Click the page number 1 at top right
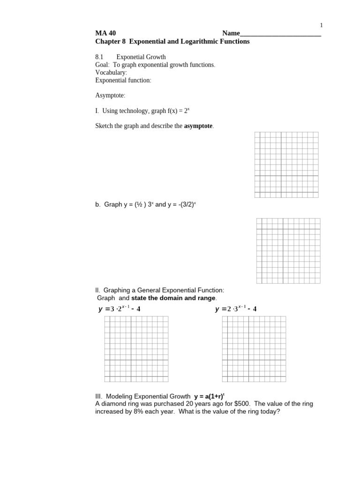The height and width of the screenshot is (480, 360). (322, 25)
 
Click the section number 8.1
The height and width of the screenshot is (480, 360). (99, 57)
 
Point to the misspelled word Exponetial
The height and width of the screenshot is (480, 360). (131, 57)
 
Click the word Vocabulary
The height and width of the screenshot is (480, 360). (111, 73)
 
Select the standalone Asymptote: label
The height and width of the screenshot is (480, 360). (110, 96)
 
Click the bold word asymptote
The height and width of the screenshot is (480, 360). (198, 127)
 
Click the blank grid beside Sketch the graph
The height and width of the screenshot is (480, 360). (286, 165)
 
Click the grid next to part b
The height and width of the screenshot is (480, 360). (289, 251)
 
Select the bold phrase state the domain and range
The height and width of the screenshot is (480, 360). (173, 298)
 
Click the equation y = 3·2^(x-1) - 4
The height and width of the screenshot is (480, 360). (120, 309)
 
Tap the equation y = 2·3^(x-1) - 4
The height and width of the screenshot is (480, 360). (236, 309)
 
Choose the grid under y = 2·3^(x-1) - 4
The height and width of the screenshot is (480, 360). (254, 349)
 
